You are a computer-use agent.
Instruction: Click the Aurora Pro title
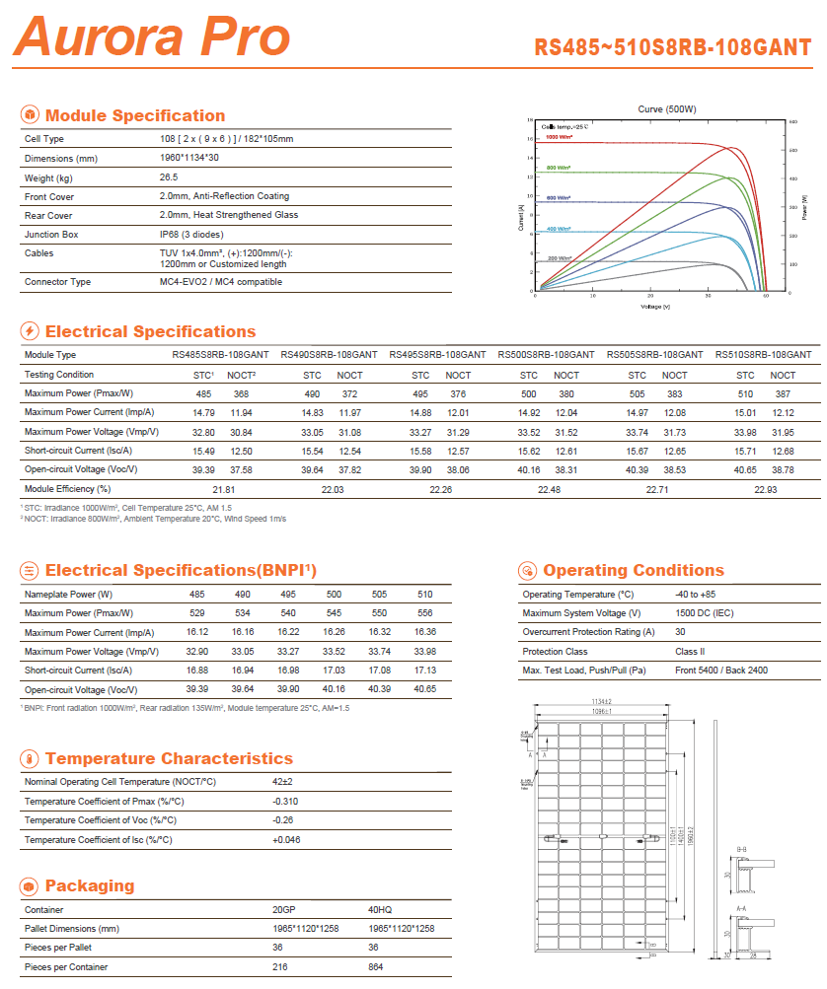[x=152, y=36]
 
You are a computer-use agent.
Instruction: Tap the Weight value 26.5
[x=169, y=177]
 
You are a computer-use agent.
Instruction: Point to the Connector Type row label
[x=57, y=282]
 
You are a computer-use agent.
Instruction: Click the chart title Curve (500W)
[x=667, y=108]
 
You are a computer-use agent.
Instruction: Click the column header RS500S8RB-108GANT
[x=546, y=354]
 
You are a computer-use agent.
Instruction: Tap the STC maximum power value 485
[x=203, y=393]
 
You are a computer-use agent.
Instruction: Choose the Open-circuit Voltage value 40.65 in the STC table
[x=746, y=469]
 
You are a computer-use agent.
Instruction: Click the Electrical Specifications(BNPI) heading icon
[x=30, y=570]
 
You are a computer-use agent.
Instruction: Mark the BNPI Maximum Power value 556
[x=424, y=613]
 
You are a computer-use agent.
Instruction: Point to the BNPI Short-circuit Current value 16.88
[x=197, y=671]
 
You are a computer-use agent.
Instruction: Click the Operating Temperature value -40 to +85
[x=696, y=595]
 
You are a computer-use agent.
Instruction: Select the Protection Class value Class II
[x=690, y=652]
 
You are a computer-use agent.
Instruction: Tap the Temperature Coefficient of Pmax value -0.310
[x=285, y=802]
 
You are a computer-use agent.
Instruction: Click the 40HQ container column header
[x=381, y=910]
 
